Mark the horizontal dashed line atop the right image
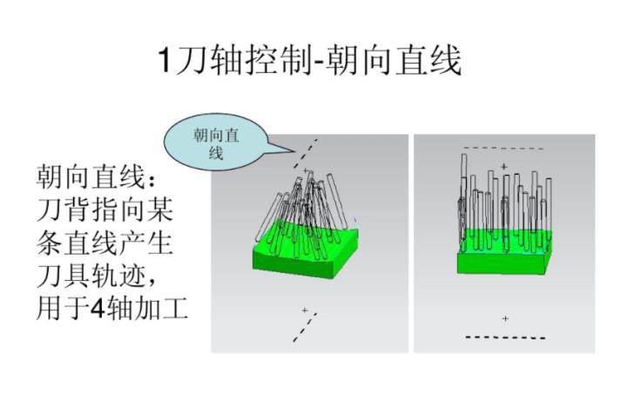click(x=503, y=149)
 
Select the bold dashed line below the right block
click(x=505, y=336)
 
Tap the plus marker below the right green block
click(x=505, y=319)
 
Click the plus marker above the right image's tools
click(x=503, y=165)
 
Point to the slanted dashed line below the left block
click(x=305, y=328)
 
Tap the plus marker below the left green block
click(x=304, y=310)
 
